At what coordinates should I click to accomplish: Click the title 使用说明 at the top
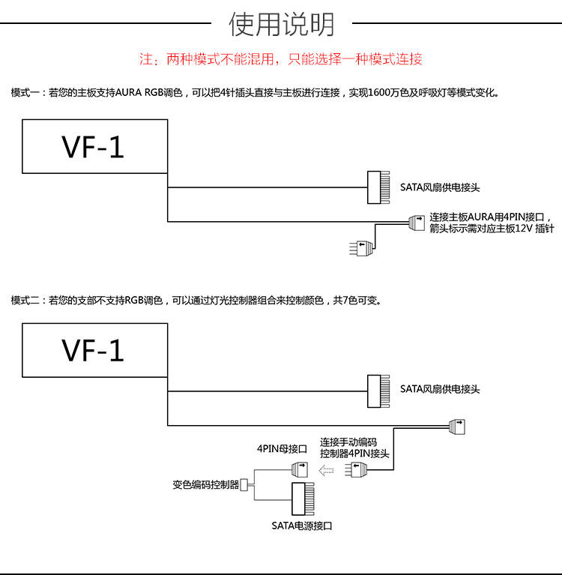pyautogui.click(x=281, y=24)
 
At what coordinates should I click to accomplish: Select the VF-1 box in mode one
pyautogui.click(x=94, y=146)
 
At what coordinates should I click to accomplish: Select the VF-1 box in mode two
pyautogui.click(x=94, y=350)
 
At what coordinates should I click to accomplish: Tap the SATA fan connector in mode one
pyautogui.click(x=377, y=187)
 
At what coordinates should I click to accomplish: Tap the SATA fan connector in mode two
pyautogui.click(x=377, y=389)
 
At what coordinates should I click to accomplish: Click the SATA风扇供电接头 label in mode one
pyautogui.click(x=439, y=187)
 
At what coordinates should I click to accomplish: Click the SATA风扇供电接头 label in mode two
pyautogui.click(x=439, y=389)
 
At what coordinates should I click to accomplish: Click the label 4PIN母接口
pyautogui.click(x=282, y=449)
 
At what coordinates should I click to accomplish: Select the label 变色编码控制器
pyautogui.click(x=205, y=485)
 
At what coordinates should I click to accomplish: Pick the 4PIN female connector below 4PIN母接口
pyautogui.click(x=299, y=470)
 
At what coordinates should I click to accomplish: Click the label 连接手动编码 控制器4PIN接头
pyautogui.click(x=354, y=448)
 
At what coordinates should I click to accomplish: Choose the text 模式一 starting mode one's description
pyautogui.click(x=25, y=93)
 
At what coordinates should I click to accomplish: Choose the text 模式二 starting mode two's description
pyautogui.click(x=25, y=301)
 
